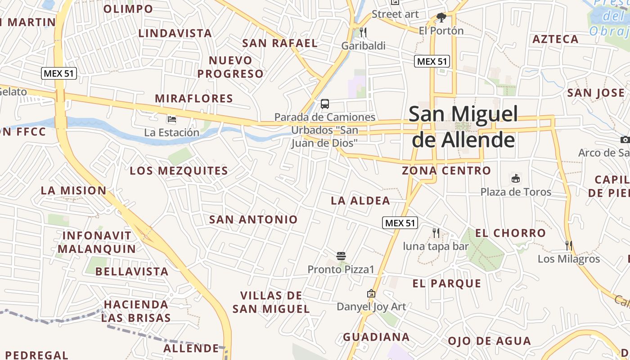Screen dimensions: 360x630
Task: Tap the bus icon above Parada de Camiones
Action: coord(325,104)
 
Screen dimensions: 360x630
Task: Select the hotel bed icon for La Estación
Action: coord(171,119)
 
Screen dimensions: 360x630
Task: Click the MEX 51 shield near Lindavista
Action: coord(59,73)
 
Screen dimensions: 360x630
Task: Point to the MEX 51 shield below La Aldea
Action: coord(400,222)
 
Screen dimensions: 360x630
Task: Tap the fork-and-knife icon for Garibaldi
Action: coord(363,32)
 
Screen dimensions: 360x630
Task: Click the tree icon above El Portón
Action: coord(441,18)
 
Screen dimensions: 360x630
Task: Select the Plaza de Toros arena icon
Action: coord(516,179)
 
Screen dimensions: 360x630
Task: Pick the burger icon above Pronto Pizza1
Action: coord(341,256)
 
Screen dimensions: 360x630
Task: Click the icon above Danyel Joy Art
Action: coord(371,294)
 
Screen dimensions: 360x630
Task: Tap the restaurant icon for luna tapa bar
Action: coord(436,233)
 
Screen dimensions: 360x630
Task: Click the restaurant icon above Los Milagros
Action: coord(569,245)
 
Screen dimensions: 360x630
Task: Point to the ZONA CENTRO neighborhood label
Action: coord(446,171)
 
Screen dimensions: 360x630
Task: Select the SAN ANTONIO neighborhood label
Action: coord(253,220)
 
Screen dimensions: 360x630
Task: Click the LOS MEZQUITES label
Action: coord(179,171)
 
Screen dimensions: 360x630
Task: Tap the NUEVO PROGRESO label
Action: coord(230,67)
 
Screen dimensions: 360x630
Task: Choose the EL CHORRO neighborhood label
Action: coord(510,233)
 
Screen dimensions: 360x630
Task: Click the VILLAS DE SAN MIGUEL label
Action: coord(271,302)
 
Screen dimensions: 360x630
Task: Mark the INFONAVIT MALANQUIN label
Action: coord(97,242)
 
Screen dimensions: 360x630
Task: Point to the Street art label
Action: coord(395,14)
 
